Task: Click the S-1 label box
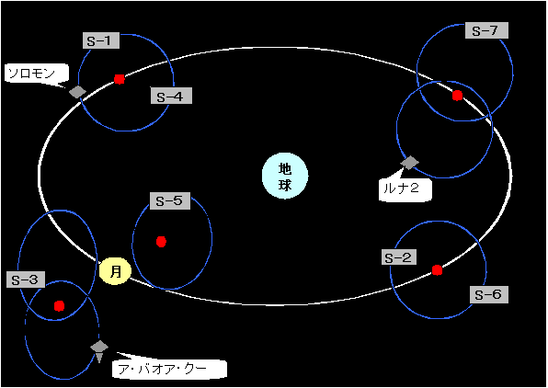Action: click(x=101, y=40)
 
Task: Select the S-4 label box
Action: click(x=171, y=96)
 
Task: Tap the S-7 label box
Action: click(x=486, y=30)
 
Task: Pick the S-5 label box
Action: click(x=170, y=200)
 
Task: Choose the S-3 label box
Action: click(x=26, y=280)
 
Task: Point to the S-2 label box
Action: click(x=399, y=257)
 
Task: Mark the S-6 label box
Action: click(x=488, y=294)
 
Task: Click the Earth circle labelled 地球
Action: click(x=285, y=176)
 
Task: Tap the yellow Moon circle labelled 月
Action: click(x=115, y=271)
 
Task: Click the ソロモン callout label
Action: click(x=37, y=74)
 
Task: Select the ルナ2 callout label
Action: click(x=405, y=189)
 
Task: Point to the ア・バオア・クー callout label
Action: click(x=169, y=369)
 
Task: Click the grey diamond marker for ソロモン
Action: click(x=77, y=92)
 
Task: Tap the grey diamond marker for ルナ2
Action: click(x=409, y=163)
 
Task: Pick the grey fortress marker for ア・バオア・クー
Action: click(x=99, y=350)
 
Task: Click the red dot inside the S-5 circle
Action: click(x=161, y=242)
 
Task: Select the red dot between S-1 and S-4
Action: click(x=120, y=79)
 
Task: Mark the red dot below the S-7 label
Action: click(x=458, y=96)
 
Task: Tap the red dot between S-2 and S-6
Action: click(x=437, y=270)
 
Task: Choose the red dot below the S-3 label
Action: click(x=60, y=306)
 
